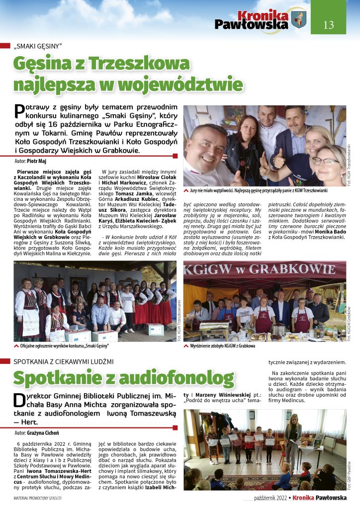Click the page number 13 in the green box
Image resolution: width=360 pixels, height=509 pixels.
click(x=329, y=25)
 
